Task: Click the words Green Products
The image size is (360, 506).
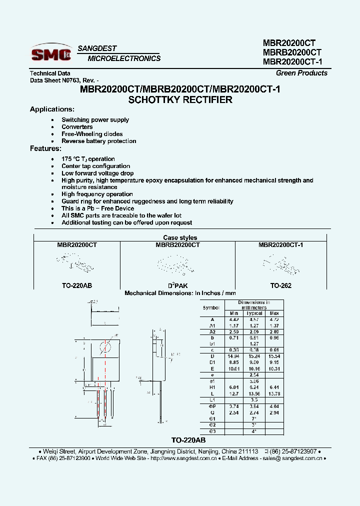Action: pyautogui.click(x=301, y=73)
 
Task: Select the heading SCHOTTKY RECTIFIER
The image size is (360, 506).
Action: pyautogui.click(x=180, y=99)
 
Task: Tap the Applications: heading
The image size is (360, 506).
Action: pyautogui.click(x=52, y=109)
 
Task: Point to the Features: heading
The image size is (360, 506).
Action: pyautogui.click(x=45, y=148)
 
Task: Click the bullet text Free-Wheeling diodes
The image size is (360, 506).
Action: pyautogui.click(x=92, y=134)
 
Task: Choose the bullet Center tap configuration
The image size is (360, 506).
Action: pyautogui.click(x=95, y=166)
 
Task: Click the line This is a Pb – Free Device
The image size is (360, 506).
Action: pyautogui.click(x=97, y=208)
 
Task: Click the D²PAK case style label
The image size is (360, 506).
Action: pyautogui.click(x=177, y=285)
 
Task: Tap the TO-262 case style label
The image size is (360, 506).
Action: pyautogui.click(x=281, y=285)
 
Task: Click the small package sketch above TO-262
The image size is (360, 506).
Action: pyautogui.click(x=280, y=263)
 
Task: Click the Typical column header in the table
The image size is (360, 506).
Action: pyautogui.click(x=254, y=313)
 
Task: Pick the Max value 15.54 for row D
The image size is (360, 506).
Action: pyautogui.click(x=274, y=355)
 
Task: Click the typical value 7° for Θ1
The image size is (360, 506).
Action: pyautogui.click(x=254, y=418)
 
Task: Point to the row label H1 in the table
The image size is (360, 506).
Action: pyautogui.click(x=212, y=387)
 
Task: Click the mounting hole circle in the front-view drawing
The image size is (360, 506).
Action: pyautogui.click(x=105, y=347)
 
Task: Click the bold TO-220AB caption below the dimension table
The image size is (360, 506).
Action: pyautogui.click(x=188, y=440)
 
